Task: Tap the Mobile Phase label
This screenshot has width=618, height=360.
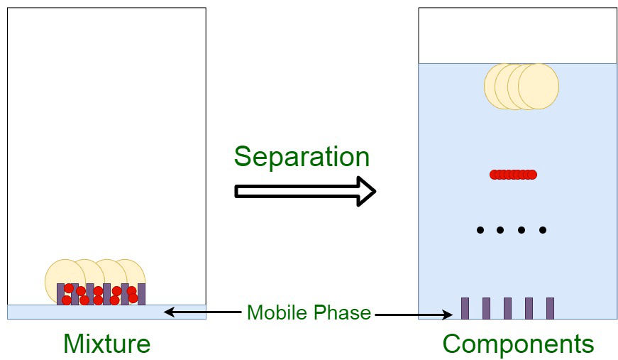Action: click(309, 312)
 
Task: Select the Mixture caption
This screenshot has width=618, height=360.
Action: click(106, 344)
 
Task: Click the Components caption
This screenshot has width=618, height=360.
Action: click(518, 344)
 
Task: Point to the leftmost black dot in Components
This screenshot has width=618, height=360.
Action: click(480, 230)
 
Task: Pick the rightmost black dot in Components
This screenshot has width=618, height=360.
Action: click(543, 230)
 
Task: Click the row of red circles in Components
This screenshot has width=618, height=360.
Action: click(513, 175)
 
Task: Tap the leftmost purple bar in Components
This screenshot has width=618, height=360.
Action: click(465, 308)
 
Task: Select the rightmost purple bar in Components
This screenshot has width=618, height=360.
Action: click(550, 308)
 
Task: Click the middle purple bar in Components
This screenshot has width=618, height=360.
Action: click(507, 308)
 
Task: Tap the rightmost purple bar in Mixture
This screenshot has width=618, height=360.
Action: click(142, 294)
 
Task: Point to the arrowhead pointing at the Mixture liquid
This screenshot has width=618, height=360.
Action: click(169, 312)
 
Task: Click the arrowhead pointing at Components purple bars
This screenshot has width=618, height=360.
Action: click(448, 313)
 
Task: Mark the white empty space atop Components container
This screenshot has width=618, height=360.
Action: click(517, 36)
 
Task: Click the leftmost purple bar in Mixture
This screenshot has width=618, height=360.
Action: click(60, 293)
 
